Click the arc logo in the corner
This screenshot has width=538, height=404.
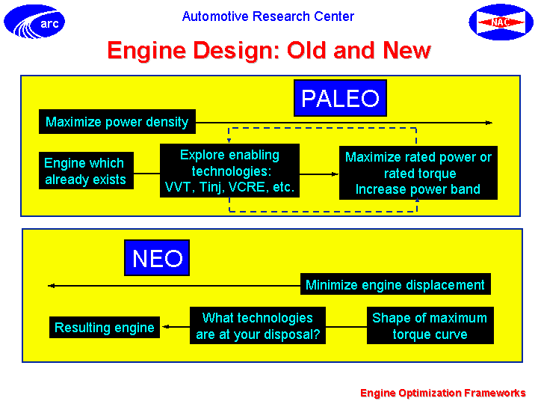pos(34,22)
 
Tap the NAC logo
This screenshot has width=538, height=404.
pos(501,22)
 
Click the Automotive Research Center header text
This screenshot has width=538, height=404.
pos(268,16)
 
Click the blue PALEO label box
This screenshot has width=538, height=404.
pos(341,98)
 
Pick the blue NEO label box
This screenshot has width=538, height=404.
pos(157,257)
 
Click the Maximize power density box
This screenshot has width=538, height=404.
pos(117,122)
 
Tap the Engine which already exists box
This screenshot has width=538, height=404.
pos(86,171)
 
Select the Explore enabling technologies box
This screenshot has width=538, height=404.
pos(229,171)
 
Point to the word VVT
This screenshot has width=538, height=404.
pos(178,187)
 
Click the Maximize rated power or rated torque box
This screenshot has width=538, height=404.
pos(418,173)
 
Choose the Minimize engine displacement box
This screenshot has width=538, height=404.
pos(395,284)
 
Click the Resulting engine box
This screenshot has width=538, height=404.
pos(105,327)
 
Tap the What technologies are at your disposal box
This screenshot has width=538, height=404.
pos(258,325)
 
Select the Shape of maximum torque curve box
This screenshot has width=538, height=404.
pos(430,325)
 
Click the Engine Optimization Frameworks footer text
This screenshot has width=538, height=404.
pos(443,393)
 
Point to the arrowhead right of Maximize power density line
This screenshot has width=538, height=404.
pos(489,123)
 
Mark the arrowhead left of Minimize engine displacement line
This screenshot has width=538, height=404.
pos(52,286)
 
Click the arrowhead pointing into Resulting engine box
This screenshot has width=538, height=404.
pos(166,326)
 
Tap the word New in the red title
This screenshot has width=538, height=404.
pos(407,50)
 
